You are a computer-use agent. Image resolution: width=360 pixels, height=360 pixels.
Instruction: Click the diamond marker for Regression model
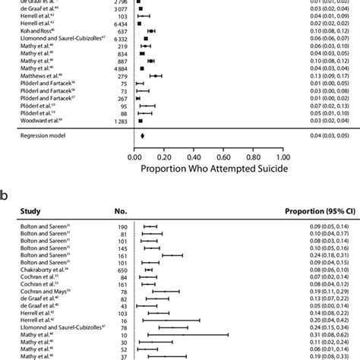pyautogui.click(x=142, y=137)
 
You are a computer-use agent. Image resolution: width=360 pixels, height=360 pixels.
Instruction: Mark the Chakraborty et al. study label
pyautogui.click(x=39, y=270)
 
